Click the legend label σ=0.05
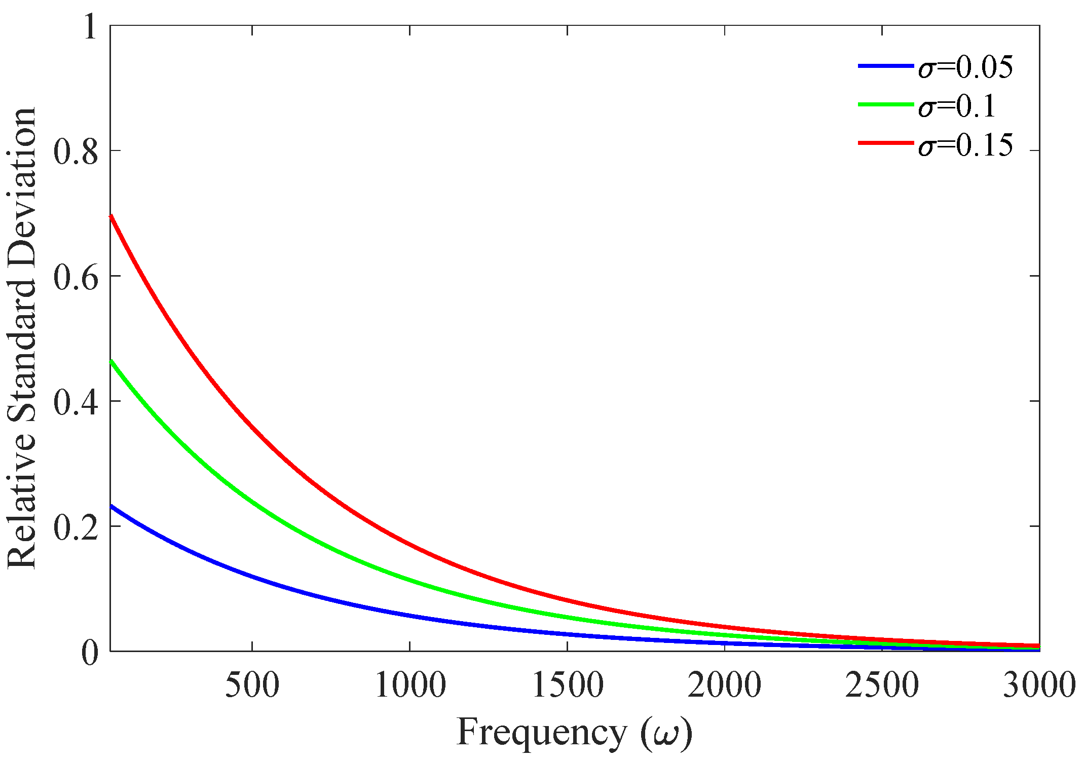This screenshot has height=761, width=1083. [x=965, y=67]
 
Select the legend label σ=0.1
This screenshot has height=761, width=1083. [x=957, y=106]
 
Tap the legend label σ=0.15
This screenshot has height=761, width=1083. [x=965, y=145]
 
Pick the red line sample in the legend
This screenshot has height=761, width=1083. [x=885, y=143]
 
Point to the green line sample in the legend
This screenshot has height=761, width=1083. [x=885, y=104]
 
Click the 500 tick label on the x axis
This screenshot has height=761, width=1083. [x=252, y=685]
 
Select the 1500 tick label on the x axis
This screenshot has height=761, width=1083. [x=567, y=685]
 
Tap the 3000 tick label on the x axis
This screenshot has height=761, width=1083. [x=1039, y=685]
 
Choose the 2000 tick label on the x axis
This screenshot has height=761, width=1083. [x=724, y=685]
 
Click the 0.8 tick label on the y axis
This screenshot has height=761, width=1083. [x=76, y=151]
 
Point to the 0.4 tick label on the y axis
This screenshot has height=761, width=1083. [x=76, y=401]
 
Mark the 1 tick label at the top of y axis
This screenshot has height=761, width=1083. [x=90, y=27]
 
